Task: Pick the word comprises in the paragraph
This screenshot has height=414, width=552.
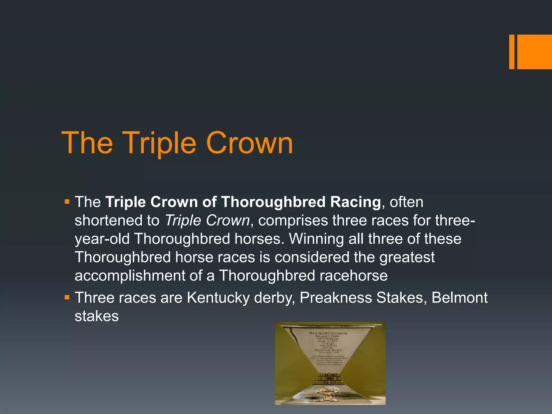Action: click(x=293, y=220)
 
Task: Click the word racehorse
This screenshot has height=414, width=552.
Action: click(x=354, y=276)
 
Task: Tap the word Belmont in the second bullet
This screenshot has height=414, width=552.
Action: click(x=459, y=298)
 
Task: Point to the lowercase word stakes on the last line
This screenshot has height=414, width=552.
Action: click(x=96, y=316)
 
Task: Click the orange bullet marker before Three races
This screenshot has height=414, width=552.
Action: click(x=67, y=298)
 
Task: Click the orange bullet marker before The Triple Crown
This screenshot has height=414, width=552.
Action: click(x=67, y=202)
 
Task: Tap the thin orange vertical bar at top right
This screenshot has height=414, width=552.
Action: click(x=512, y=52)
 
